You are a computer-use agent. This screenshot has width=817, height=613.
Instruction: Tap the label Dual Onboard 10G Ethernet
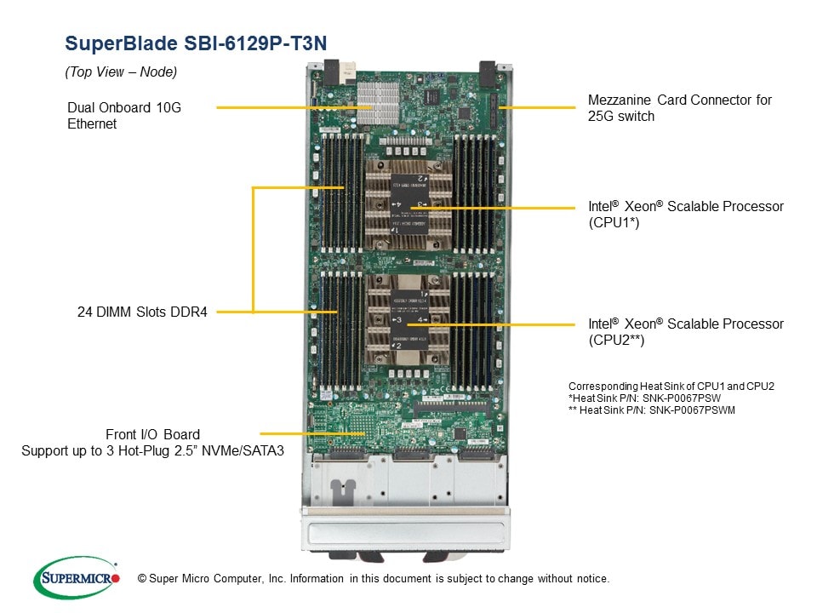point(124,116)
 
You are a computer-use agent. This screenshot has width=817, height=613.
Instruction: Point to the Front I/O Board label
point(153,434)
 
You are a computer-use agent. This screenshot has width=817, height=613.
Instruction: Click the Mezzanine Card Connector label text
point(679,100)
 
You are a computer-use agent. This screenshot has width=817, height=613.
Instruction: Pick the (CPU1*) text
point(613,223)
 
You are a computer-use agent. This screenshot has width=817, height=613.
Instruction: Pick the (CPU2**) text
point(616,341)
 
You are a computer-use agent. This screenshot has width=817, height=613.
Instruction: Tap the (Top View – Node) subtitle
point(121,72)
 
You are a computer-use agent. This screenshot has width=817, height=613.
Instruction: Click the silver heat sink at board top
point(377,103)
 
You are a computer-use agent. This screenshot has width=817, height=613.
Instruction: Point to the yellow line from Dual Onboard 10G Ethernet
point(289,107)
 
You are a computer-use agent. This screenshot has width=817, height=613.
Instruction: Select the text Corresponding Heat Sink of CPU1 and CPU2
point(671,386)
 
